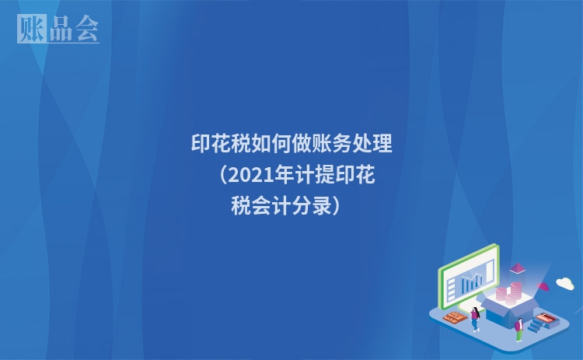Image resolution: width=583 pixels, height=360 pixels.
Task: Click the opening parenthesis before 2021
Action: pos(218,176)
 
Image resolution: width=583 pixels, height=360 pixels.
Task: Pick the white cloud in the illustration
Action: pos(565,283)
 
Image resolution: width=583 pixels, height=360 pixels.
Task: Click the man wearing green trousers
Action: pos(518,327)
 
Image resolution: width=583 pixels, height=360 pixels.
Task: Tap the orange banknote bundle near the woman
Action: pos(452,316)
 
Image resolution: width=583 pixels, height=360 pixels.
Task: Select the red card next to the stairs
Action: pos(547,316)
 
